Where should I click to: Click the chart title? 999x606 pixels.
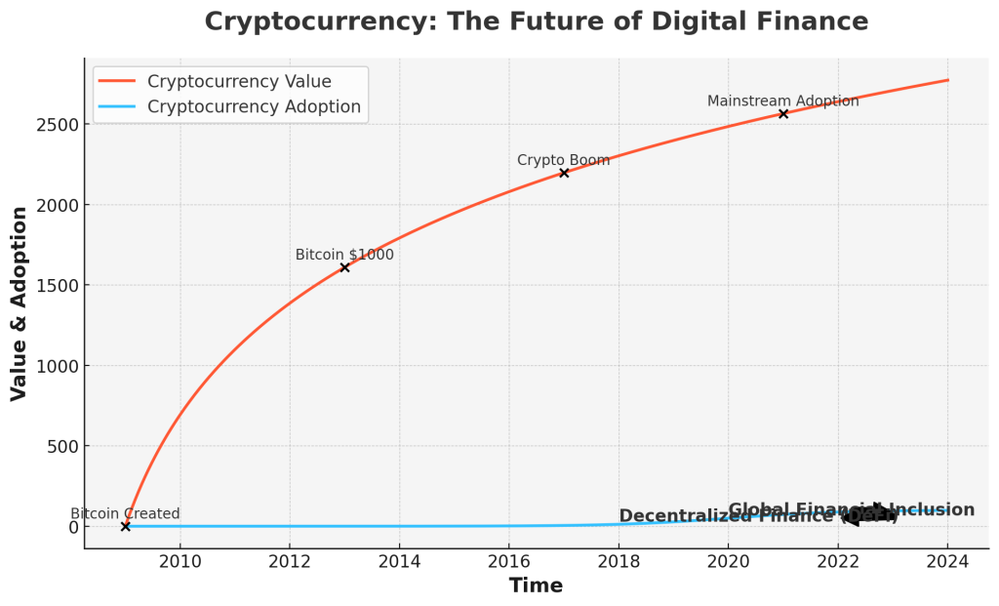coord(536,21)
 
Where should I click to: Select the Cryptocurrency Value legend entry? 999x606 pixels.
coord(239,81)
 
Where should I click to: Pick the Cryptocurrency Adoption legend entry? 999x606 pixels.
coord(254,106)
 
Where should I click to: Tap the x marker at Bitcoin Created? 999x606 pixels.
coord(125,526)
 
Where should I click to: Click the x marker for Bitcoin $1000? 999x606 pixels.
coord(344,266)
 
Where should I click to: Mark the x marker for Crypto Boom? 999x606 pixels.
coord(564,173)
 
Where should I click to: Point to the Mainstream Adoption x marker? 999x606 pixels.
coord(783,114)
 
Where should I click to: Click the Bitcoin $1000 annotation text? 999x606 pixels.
coord(344,255)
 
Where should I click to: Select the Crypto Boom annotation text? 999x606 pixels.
coord(563,160)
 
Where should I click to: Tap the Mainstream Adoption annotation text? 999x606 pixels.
coord(782,101)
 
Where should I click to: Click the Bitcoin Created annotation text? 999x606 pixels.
coord(125,514)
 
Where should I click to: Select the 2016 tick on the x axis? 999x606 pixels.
coord(508,561)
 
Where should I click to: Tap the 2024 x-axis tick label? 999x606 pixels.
coord(946,561)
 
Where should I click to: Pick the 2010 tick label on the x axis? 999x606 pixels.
coord(180,561)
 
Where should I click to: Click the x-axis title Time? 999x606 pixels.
coord(536,586)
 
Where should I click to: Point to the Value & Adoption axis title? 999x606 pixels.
coord(20,303)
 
